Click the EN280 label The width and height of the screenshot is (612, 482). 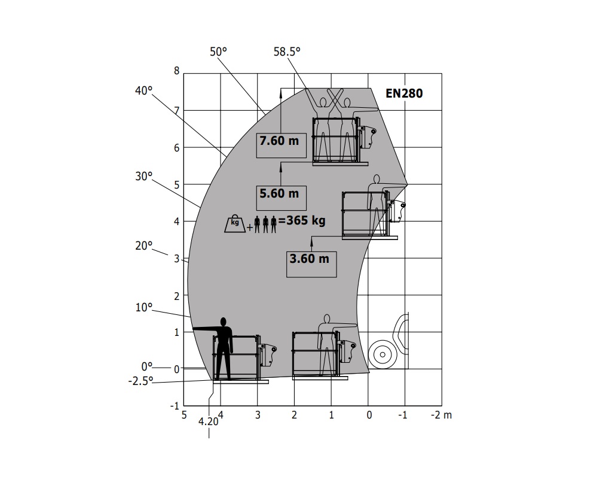(x=404, y=93)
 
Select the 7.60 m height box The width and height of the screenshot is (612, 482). (x=281, y=145)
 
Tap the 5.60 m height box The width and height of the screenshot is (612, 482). (x=281, y=198)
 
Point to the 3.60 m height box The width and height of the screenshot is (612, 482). (x=311, y=264)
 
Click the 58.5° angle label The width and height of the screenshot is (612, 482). (x=287, y=51)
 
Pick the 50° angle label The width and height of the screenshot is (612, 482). (x=218, y=51)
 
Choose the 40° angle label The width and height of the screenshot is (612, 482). (x=143, y=90)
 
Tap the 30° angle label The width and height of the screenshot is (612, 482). (x=143, y=176)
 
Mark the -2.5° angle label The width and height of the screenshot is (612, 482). (x=140, y=381)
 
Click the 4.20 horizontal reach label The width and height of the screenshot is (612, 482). (x=208, y=422)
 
